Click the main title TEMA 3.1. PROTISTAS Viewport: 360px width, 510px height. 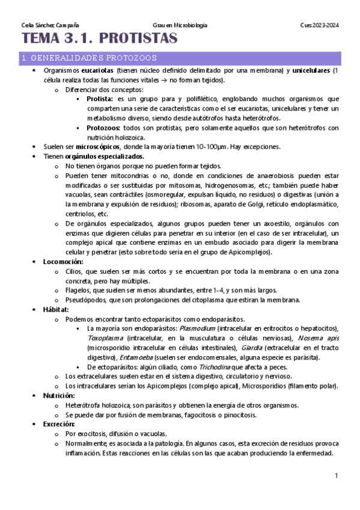(100, 39)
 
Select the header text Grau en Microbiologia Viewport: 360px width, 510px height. (180, 25)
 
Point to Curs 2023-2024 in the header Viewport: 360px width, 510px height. (320, 25)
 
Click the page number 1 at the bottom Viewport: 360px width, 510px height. (337, 476)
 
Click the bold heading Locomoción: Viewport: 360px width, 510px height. (63, 262)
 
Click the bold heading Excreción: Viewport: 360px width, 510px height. (58, 424)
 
